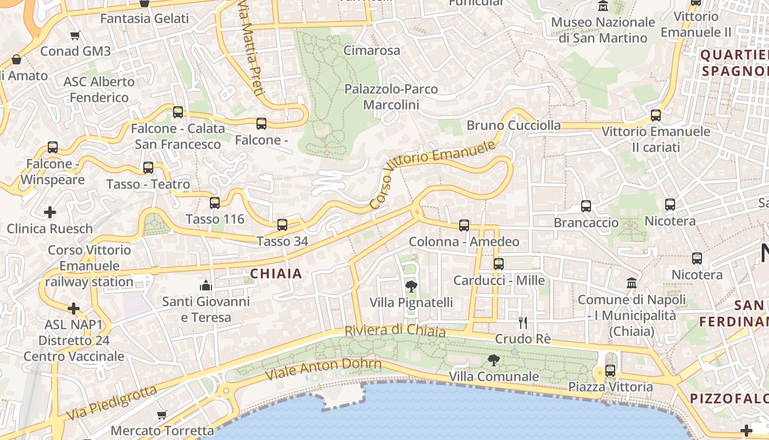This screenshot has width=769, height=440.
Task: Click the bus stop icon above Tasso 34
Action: (282, 224)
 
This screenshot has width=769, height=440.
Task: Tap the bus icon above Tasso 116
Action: (215, 202)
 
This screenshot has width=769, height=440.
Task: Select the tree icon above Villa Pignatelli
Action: (411, 286)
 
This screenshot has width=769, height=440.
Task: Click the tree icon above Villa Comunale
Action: (494, 360)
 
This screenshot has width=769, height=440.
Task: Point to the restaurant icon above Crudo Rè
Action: (523, 322)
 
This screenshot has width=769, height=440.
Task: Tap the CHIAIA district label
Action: (276, 273)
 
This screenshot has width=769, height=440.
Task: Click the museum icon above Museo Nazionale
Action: (603, 6)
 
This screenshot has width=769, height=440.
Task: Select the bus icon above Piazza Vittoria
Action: (610, 370)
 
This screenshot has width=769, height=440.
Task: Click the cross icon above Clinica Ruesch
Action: (50, 212)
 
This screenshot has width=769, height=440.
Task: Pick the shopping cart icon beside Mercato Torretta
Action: (161, 415)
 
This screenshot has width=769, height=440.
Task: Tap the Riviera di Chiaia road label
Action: (394, 331)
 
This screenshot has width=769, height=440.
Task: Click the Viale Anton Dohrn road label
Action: (323, 369)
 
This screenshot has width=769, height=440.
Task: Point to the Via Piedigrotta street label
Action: (111, 403)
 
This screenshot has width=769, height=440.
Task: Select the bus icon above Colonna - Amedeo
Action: (464, 225)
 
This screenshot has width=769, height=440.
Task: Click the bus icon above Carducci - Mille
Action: (499, 263)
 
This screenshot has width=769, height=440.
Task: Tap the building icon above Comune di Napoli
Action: (632, 283)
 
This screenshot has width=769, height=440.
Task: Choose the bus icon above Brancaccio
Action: (586, 206)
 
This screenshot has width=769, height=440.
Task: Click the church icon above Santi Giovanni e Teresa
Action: (206, 285)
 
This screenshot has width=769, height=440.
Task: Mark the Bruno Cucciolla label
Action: (514, 125)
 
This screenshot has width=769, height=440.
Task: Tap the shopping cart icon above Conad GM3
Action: (75, 35)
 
